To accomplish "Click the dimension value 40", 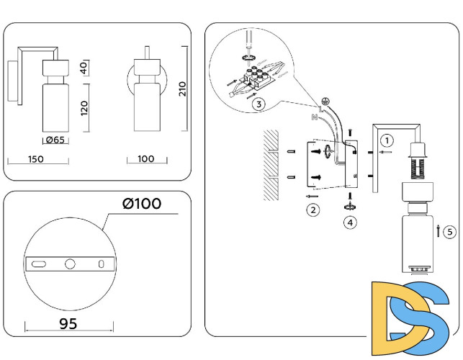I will pos(84,68).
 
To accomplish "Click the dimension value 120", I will pos(84,108).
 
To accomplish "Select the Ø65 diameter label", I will pos(55,140).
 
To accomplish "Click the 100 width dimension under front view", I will pos(146,158).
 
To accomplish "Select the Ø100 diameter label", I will pos(142,204).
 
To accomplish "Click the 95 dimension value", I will pos(68,324).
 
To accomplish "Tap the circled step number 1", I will pos(387,140).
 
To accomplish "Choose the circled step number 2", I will pos(313,210).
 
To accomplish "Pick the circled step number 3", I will pos(259,104).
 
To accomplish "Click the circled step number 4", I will pos(349,222).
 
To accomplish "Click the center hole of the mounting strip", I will pos(70,264).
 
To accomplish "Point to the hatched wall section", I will pos(271,166).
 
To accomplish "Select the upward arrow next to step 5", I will pos(439,231).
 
